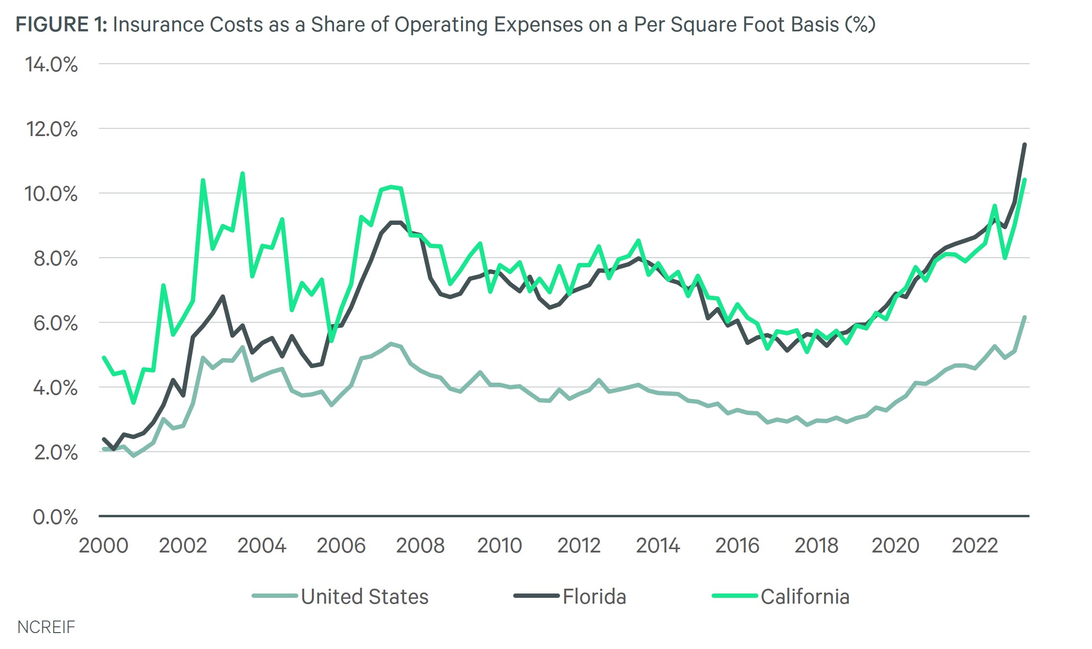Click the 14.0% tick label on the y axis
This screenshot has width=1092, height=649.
pyautogui.click(x=51, y=65)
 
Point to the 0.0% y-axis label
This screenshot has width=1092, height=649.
pyautogui.click(x=55, y=517)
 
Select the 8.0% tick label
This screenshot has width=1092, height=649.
pyautogui.click(x=55, y=259)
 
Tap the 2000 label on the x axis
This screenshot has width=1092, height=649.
pyautogui.click(x=103, y=546)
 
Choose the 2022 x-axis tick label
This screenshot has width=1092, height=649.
pyautogui.click(x=974, y=546)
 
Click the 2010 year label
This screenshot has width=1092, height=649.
pyautogui.click(x=499, y=546)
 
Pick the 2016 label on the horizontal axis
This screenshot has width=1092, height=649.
pyautogui.click(x=737, y=546)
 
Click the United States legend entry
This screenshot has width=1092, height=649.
pyautogui.click(x=364, y=597)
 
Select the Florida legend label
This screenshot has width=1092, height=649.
pyautogui.click(x=594, y=597)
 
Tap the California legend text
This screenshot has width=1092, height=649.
pyautogui.click(x=805, y=597)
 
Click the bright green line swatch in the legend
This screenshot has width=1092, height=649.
pyautogui.click(x=734, y=596)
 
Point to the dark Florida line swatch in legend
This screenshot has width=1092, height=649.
pyautogui.click(x=536, y=596)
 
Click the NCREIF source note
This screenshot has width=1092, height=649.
pyautogui.click(x=46, y=627)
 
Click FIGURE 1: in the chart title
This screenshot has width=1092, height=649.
pyautogui.click(x=61, y=25)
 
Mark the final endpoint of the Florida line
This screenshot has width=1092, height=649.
pyautogui.click(x=1024, y=144)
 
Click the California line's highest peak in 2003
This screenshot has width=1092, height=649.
pyautogui.click(x=242, y=173)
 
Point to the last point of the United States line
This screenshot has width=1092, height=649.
pyautogui.click(x=1024, y=317)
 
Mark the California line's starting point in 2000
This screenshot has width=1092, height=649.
pyautogui.click(x=104, y=358)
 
